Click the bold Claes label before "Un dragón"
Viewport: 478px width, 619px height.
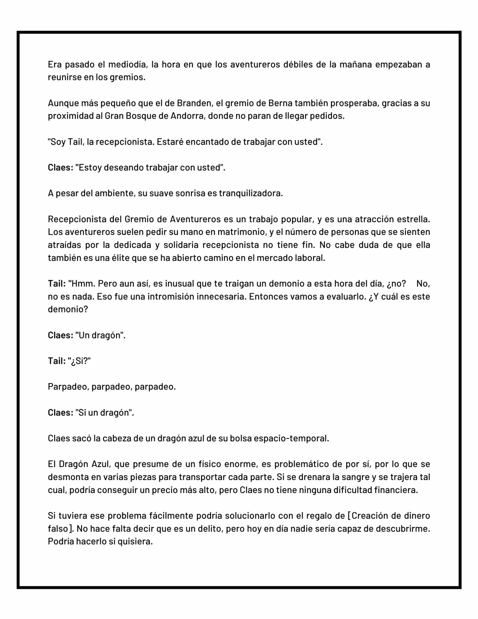tap(60, 335)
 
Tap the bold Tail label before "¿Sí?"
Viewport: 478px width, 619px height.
tap(56, 361)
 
